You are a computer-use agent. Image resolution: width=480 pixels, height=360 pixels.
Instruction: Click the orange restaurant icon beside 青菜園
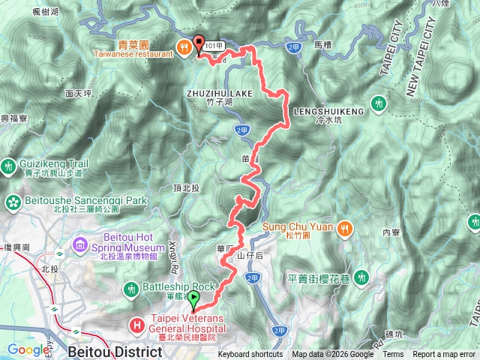pos(183,48)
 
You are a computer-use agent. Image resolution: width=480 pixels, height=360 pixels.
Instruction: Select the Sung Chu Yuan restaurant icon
pos(344,227)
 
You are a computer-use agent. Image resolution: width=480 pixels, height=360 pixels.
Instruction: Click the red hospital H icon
pos(137,325)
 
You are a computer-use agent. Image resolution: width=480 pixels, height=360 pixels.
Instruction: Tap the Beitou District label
pos(114,350)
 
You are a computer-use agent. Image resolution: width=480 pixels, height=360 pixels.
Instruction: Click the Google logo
pos(28,349)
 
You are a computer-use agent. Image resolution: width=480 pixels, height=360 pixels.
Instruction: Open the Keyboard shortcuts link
pos(250,355)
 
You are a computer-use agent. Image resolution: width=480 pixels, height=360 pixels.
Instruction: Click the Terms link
pos(392,355)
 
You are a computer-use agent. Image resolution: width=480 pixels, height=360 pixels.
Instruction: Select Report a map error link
pos(444,355)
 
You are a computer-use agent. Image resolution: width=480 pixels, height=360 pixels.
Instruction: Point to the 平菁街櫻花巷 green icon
pos(363,277)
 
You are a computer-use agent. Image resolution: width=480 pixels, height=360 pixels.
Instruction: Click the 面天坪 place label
pos(78,94)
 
